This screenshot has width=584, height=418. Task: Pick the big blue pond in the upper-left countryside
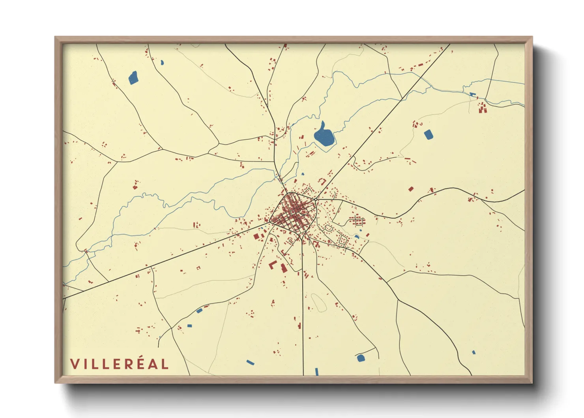[x=133, y=78]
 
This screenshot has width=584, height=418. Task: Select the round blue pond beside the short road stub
[x=360, y=358]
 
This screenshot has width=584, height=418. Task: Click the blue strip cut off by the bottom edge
[x=316, y=371]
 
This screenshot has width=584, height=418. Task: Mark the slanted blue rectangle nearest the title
[x=250, y=362]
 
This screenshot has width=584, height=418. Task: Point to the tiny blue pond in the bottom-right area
[x=474, y=352]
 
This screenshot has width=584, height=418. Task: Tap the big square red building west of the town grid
[x=256, y=236]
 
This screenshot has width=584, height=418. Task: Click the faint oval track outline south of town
[x=319, y=302]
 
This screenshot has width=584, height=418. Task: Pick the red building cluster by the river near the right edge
[x=482, y=107]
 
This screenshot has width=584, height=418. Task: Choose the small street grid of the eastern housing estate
[x=357, y=220]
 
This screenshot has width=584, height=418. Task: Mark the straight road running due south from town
[x=303, y=316]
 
